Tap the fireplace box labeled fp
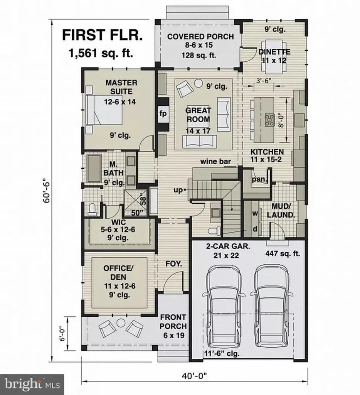(x=162, y=113)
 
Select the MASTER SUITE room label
(x=121, y=87)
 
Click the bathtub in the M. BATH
(x=93, y=168)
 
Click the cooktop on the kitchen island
(x=269, y=118)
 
